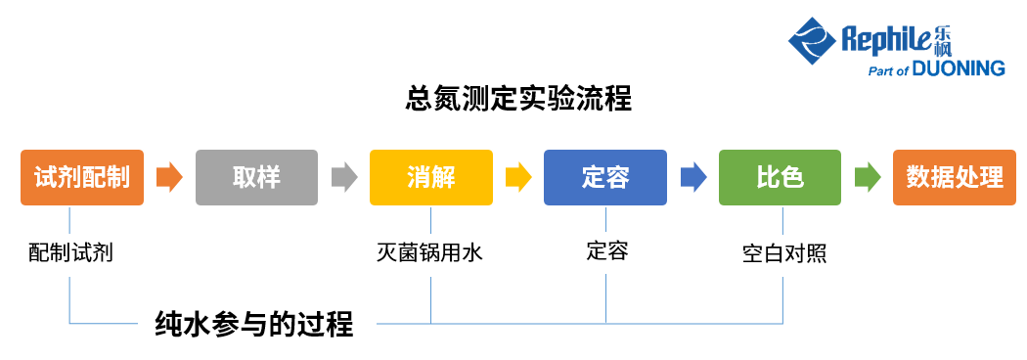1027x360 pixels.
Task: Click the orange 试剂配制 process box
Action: pos(82,177)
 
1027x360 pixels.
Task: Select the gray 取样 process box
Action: pos(256,177)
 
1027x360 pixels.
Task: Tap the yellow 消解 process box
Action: pos(430,177)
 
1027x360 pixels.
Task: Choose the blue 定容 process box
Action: pos(605,177)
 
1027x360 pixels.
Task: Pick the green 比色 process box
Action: pos(780,177)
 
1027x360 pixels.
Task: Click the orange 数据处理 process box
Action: pos(955,177)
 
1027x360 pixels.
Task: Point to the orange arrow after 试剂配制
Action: pos(169,177)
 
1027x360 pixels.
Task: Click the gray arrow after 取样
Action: pos(344,177)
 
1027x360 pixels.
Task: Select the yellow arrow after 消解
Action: pos(518,177)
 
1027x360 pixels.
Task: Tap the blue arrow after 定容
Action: pos(693,177)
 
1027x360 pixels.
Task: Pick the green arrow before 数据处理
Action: pos(868,177)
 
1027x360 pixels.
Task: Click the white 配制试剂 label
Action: pos(70,254)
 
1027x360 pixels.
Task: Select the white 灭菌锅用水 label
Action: pos(430,254)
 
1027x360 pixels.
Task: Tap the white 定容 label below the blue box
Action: pos(606,251)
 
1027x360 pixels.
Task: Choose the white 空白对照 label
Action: pos(783,254)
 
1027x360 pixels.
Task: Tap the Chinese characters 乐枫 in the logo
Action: pos(940,39)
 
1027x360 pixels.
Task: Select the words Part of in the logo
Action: pos(888,70)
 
